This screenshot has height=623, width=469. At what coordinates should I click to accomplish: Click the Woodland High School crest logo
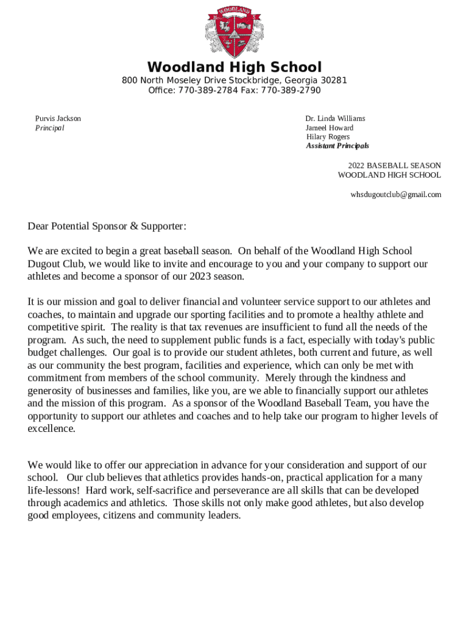point(234,31)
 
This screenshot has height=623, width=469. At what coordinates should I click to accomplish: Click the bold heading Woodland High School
point(234,67)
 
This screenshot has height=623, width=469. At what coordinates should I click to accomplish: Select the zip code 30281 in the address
point(334,80)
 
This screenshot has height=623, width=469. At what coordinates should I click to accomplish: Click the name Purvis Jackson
point(58,119)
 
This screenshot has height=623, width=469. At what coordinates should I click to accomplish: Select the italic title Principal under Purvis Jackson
point(49,128)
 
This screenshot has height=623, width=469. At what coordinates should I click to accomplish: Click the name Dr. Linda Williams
point(335,119)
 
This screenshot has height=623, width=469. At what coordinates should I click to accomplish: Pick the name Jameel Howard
point(330,128)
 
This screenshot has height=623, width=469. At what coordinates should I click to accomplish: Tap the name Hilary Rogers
point(328,137)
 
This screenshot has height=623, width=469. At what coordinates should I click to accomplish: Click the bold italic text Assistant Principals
point(337,146)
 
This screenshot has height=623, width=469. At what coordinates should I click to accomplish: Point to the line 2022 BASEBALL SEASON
point(394,165)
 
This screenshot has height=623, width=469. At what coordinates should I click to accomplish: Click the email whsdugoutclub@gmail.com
point(395,195)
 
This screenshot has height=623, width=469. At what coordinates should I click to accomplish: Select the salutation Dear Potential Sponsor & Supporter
point(107,226)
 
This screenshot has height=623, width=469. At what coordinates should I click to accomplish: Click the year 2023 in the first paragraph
point(200,276)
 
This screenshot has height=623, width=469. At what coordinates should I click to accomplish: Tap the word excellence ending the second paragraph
point(51,428)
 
